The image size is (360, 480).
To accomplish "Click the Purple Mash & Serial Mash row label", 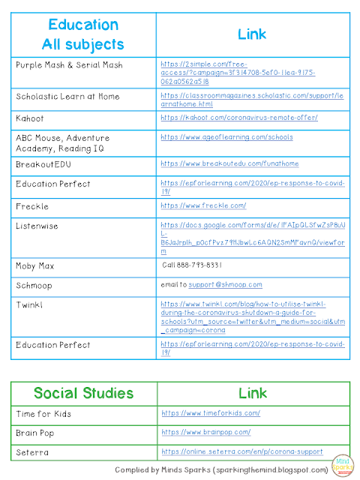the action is pyautogui.click(x=69, y=65).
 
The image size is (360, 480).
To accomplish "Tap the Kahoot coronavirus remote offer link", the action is pyautogui.click(x=238, y=118).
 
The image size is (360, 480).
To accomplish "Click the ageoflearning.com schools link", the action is pyautogui.click(x=226, y=137).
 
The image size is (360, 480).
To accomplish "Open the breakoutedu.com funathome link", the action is pyautogui.click(x=229, y=163).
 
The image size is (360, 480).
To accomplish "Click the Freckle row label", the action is pyautogui.click(x=33, y=205).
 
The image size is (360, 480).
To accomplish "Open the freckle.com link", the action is pyautogui.click(x=203, y=205).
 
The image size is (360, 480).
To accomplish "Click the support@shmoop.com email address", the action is pyautogui.click(x=225, y=285).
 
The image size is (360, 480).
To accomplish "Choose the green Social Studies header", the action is pyautogui.click(x=84, y=394).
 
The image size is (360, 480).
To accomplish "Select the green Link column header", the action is pyautogui.click(x=252, y=394).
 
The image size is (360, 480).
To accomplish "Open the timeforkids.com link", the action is pyautogui.click(x=211, y=413).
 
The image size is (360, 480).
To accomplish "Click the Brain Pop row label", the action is pyautogui.click(x=37, y=433).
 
